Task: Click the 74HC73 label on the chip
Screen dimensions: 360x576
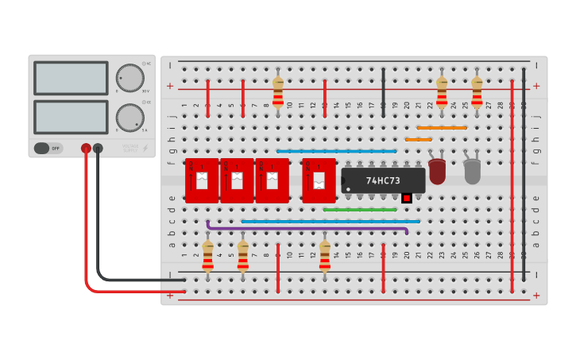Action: [383, 180]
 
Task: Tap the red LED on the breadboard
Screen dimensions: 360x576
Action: [437, 171]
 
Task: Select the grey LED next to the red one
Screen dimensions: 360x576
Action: [472, 171]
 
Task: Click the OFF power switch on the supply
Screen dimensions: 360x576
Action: [48, 148]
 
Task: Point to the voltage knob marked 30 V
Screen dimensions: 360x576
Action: [130, 78]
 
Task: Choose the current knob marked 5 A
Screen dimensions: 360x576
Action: [130, 118]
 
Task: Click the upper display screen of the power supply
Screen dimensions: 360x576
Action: [71, 78]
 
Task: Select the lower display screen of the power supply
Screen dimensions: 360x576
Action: [71, 117]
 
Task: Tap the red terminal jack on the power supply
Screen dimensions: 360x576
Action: [86, 148]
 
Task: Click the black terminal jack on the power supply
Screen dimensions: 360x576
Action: [98, 148]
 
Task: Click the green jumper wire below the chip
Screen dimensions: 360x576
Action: [359, 210]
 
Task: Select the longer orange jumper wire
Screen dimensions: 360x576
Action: [442, 127]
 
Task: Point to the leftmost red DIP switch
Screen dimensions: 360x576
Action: [201, 180]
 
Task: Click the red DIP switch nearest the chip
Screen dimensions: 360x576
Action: [319, 180]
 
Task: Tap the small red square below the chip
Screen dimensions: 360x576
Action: [407, 197]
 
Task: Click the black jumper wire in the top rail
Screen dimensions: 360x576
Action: [383, 92]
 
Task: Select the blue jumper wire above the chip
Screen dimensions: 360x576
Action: [336, 151]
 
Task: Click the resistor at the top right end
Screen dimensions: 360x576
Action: [477, 91]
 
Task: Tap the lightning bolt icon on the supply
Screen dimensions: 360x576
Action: [144, 148]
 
